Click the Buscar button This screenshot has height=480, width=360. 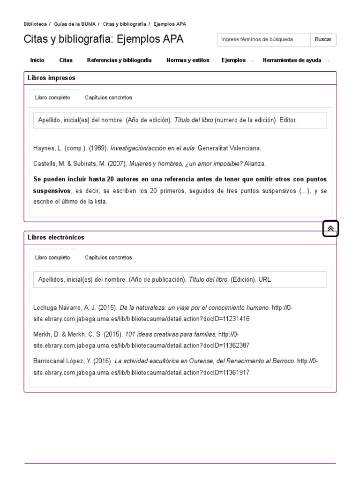point(323,40)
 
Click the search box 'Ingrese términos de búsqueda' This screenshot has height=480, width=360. point(263,40)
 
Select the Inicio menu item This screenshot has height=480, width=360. point(37,60)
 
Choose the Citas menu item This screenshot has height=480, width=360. point(66,60)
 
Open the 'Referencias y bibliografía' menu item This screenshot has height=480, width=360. point(119,60)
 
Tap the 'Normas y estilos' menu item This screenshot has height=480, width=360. point(188,60)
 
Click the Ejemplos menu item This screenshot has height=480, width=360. point(233,60)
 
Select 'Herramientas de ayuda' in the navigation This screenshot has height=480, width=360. point(292,60)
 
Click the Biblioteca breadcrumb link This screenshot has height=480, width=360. point(35,24)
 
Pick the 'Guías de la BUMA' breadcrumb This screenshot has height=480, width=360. point(75,24)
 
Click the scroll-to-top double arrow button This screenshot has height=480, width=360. point(330,229)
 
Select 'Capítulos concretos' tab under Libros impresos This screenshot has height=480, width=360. point(108,98)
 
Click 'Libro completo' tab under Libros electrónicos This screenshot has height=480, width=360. point(52,258)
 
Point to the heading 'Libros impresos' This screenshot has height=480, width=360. point(51,78)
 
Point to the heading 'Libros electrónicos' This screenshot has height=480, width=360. point(56,238)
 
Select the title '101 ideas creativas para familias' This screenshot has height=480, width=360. point(171,335)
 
